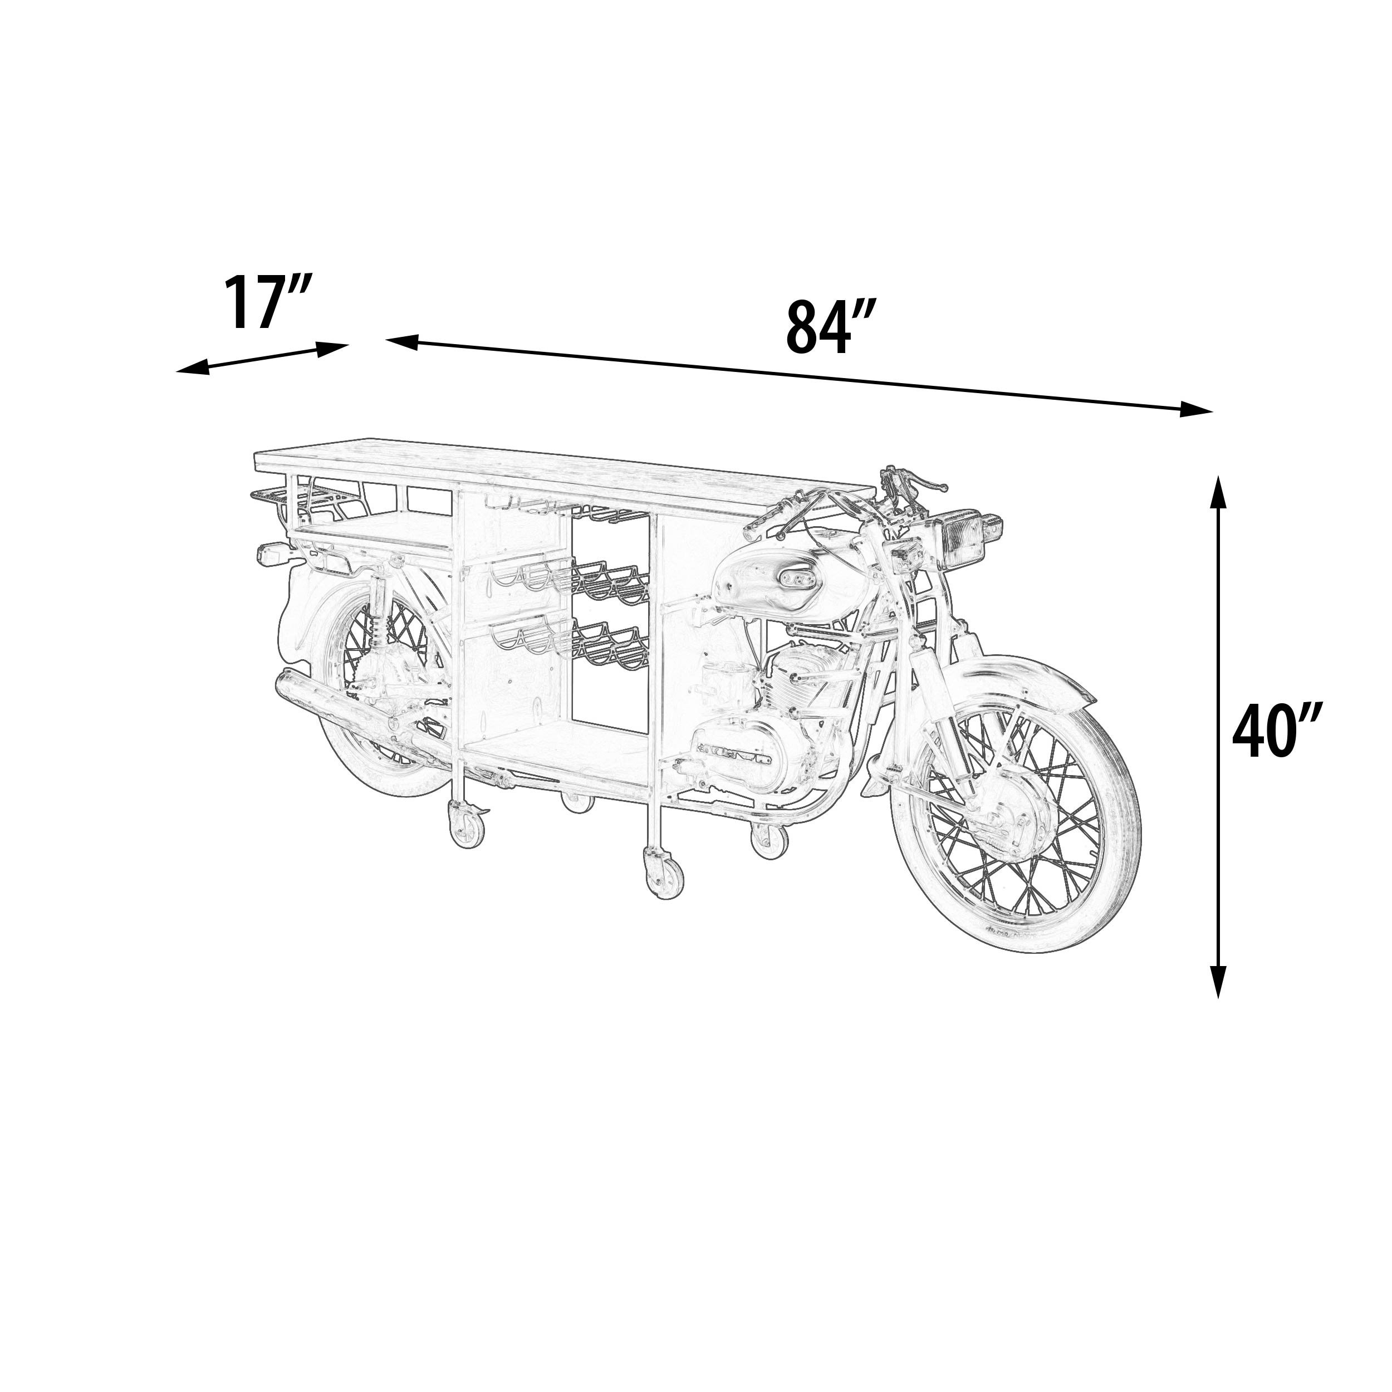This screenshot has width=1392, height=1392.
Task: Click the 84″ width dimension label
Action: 831,328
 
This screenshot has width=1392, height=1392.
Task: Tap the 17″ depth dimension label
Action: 267,302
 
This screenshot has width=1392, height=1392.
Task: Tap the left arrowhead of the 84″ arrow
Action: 404,341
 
